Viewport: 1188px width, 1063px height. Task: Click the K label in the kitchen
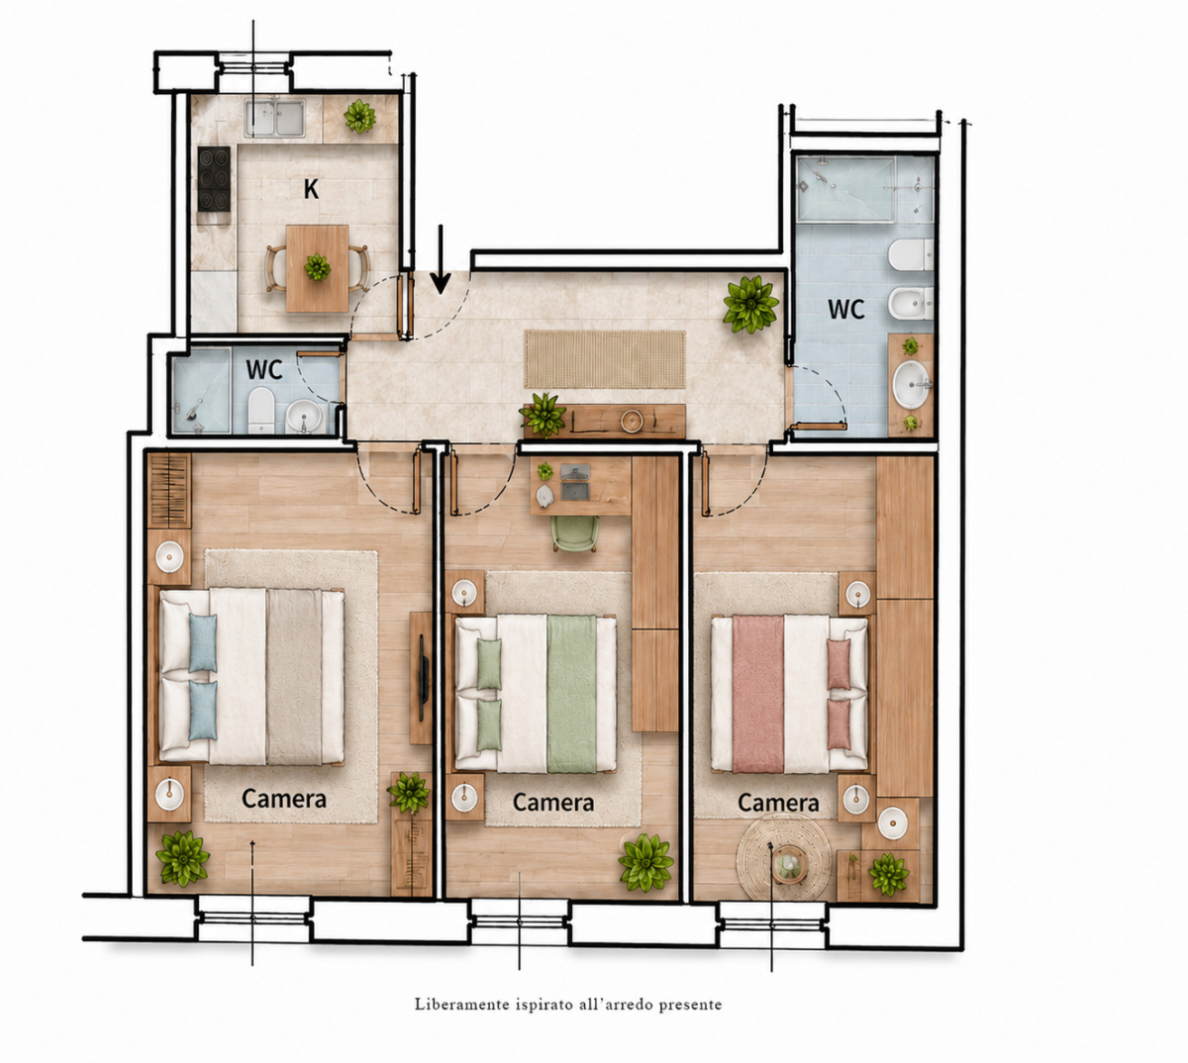pyautogui.click(x=311, y=189)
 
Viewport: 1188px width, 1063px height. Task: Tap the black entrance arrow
pyautogui.click(x=441, y=259)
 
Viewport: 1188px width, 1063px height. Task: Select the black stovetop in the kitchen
pyautogui.click(x=214, y=179)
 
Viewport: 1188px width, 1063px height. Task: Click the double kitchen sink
pyautogui.click(x=275, y=118)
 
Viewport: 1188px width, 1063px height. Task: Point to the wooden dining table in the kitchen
pyautogui.click(x=317, y=268)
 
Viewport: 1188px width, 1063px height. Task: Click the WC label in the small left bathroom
pyautogui.click(x=264, y=369)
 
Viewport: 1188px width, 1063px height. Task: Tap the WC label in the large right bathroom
pyautogui.click(x=845, y=309)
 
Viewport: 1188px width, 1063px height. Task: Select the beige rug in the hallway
pyautogui.click(x=605, y=359)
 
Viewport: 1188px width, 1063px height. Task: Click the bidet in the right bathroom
pyautogui.click(x=910, y=304)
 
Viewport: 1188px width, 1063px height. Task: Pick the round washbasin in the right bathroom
pyautogui.click(x=911, y=384)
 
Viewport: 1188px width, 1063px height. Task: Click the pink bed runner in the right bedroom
pyautogui.click(x=757, y=694)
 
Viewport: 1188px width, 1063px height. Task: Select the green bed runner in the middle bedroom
pyautogui.click(x=571, y=694)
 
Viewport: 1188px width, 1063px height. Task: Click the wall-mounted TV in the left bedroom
pyautogui.click(x=422, y=678)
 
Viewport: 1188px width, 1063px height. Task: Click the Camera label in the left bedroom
pyautogui.click(x=284, y=799)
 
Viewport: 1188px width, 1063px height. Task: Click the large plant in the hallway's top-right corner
pyautogui.click(x=750, y=304)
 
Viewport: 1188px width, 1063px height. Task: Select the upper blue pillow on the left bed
pyautogui.click(x=203, y=642)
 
